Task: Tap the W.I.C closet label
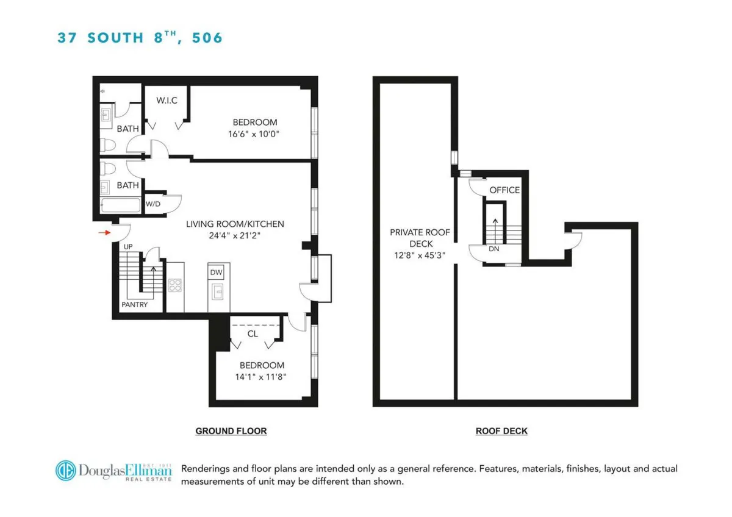(x=167, y=100)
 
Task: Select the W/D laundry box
(x=153, y=204)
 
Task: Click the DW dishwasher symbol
(x=217, y=273)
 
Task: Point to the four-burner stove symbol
(x=175, y=286)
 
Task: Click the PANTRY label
(x=134, y=304)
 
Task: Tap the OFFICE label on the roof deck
(x=504, y=190)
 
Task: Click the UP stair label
(x=128, y=246)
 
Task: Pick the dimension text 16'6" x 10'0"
(x=255, y=134)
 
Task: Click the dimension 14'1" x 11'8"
(x=262, y=377)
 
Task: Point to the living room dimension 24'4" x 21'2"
(x=235, y=235)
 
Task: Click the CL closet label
(x=253, y=333)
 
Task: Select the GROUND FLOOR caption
(x=231, y=431)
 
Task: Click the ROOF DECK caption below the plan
(x=501, y=431)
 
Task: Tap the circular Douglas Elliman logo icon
(x=66, y=470)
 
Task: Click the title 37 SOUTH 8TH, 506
(x=140, y=38)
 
